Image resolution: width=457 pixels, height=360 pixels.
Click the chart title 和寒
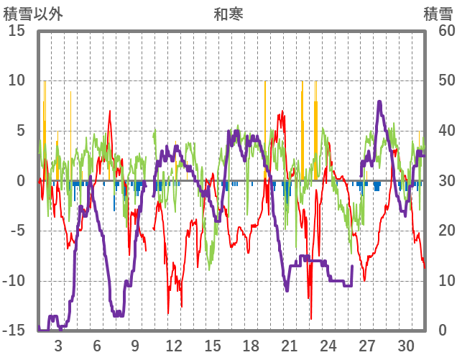(x=228, y=14)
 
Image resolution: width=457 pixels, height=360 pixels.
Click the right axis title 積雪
(x=438, y=14)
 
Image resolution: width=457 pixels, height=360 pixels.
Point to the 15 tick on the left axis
(x=16, y=31)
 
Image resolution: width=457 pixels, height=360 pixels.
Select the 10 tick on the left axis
(x=16, y=80)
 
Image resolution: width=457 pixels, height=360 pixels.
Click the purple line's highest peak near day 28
(x=379, y=102)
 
